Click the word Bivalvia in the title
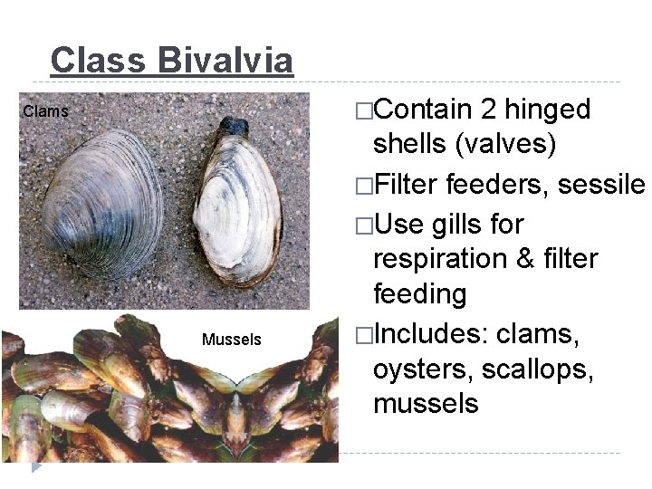(225, 61)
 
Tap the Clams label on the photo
(45, 112)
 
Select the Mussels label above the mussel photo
(231, 340)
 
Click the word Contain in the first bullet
(423, 110)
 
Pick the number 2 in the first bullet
(488, 110)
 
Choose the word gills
(473, 224)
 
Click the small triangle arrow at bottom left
(36, 466)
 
